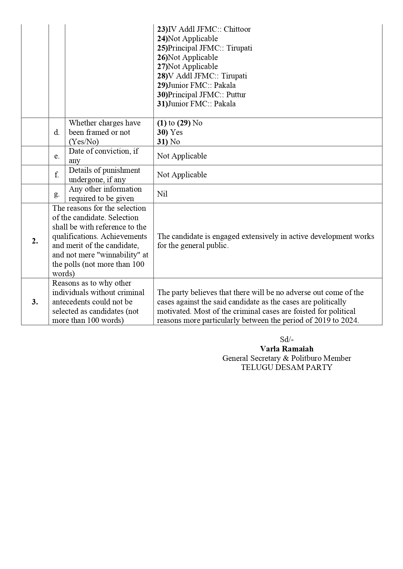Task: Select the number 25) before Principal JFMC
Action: pyautogui.click(x=162, y=48)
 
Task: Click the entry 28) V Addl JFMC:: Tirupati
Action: pyautogui.click(x=202, y=76)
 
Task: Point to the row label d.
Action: pyautogui.click(x=57, y=132)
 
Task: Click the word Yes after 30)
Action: pyautogui.click(x=176, y=132)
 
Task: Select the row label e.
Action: pyautogui.click(x=57, y=156)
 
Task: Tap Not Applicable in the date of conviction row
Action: pyautogui.click(x=182, y=156)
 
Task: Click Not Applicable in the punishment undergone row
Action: pyautogui.click(x=182, y=175)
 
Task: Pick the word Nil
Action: pyautogui.click(x=162, y=194)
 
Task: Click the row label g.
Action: pyautogui.click(x=57, y=194)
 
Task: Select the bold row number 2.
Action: pyautogui.click(x=35, y=241)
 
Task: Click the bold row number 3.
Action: pyautogui.click(x=35, y=302)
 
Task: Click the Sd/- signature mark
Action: pyautogui.click(x=287, y=339)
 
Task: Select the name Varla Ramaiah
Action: pyautogui.click(x=287, y=349)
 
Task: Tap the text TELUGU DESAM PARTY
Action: pyautogui.click(x=287, y=367)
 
